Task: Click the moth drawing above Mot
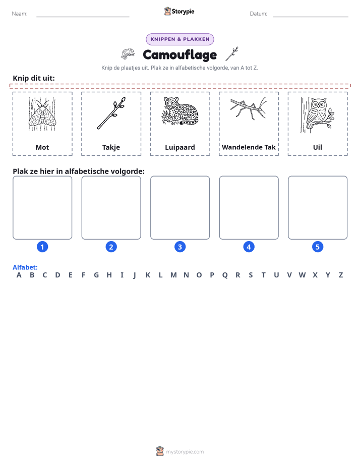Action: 42,114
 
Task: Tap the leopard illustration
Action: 180,111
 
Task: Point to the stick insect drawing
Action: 249,107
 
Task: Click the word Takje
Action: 111,147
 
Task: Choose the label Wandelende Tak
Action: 249,147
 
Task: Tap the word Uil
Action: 318,147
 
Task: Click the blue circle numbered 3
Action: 180,247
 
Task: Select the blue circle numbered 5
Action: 318,247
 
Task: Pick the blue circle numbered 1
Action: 42,247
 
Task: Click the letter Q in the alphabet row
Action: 225,275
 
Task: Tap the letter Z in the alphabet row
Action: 341,275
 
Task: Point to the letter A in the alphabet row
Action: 19,275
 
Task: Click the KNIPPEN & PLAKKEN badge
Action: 180,39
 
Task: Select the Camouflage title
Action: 180,54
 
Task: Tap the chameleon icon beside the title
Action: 128,54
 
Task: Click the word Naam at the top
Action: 20,14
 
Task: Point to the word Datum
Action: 259,14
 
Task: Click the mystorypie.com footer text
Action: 185,452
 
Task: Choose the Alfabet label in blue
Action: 25,267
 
